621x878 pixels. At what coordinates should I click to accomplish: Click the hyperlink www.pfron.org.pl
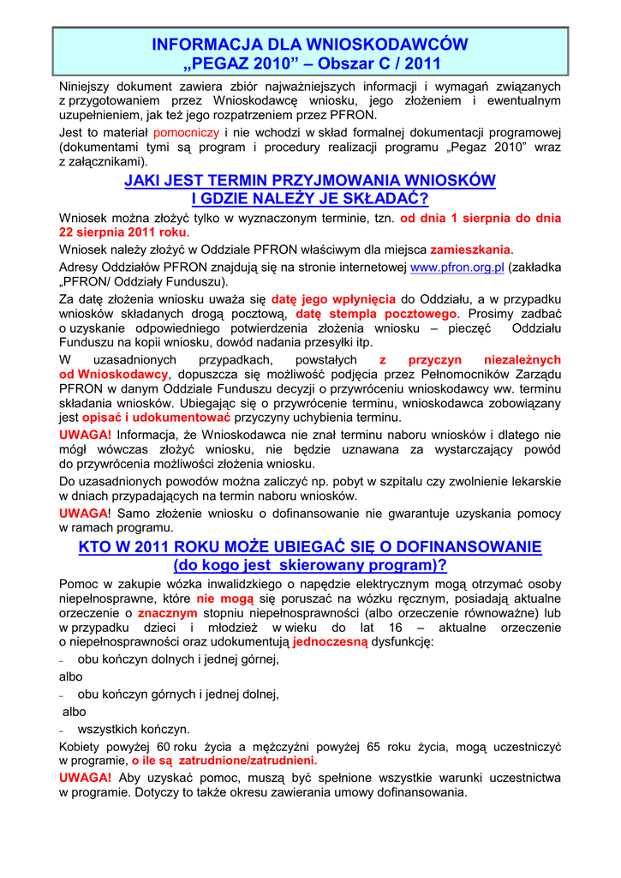pyautogui.click(x=457, y=268)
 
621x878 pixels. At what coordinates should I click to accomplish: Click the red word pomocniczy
pyautogui.click(x=187, y=133)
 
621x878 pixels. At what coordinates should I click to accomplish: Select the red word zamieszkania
pyautogui.click(x=470, y=250)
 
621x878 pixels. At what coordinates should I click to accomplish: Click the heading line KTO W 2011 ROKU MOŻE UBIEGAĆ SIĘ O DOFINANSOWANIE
pyautogui.click(x=310, y=547)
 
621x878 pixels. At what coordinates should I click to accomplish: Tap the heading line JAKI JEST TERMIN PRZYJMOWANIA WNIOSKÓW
pyautogui.click(x=310, y=180)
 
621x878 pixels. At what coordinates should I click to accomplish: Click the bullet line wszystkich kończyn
pyautogui.click(x=134, y=730)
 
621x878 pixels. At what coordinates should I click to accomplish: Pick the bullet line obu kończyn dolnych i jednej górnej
pyautogui.click(x=178, y=660)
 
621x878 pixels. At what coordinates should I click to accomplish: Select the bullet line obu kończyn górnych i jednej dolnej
pyautogui.click(x=178, y=695)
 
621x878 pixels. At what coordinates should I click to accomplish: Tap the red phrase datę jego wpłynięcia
pyautogui.click(x=334, y=300)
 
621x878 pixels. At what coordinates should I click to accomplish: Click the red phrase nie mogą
pyautogui.click(x=220, y=598)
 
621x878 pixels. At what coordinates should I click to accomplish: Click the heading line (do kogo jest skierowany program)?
pyautogui.click(x=310, y=566)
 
